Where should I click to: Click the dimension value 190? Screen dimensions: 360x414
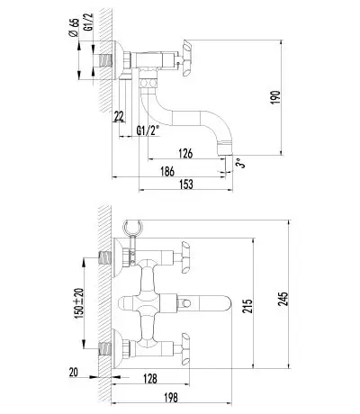pos(275,97)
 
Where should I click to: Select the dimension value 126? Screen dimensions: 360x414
pos(185,153)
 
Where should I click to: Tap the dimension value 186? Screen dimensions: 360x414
pos(167,172)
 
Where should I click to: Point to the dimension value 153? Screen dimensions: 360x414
pos(186,184)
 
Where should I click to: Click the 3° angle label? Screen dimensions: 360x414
pos(240,164)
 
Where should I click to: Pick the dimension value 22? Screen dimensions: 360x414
pos(119,116)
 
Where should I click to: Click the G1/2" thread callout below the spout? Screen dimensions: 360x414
pos(148,130)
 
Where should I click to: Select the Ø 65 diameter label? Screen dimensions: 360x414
pos(74,28)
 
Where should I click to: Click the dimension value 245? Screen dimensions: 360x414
pos(283,299)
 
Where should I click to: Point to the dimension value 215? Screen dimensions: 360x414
pos(247,306)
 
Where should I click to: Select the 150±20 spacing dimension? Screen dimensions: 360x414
pos(79,303)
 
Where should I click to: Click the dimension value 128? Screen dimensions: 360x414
pos(150,378)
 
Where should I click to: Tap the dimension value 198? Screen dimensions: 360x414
pos(171,398)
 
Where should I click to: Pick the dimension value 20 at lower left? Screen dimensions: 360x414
pos(73,373)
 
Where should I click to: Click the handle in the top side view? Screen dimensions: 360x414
pos(186,59)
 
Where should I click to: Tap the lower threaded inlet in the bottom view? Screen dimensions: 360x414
pos(105,349)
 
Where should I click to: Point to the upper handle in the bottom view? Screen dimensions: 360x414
pos(185,256)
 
